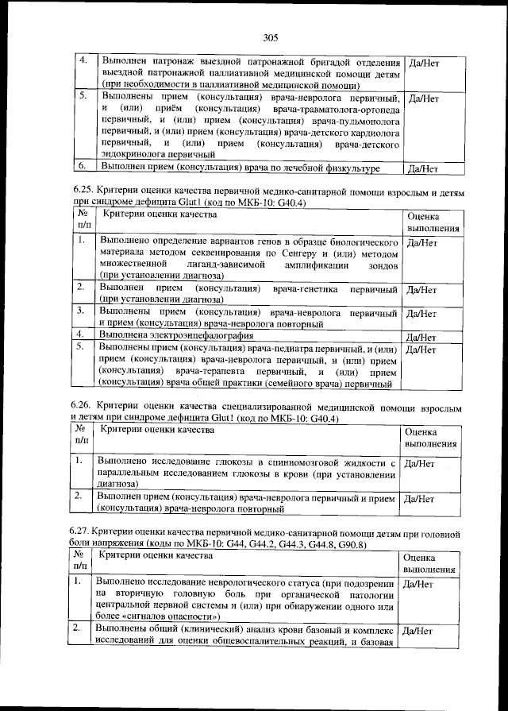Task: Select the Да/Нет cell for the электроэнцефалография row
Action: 421,338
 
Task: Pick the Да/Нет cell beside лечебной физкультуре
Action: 421,168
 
